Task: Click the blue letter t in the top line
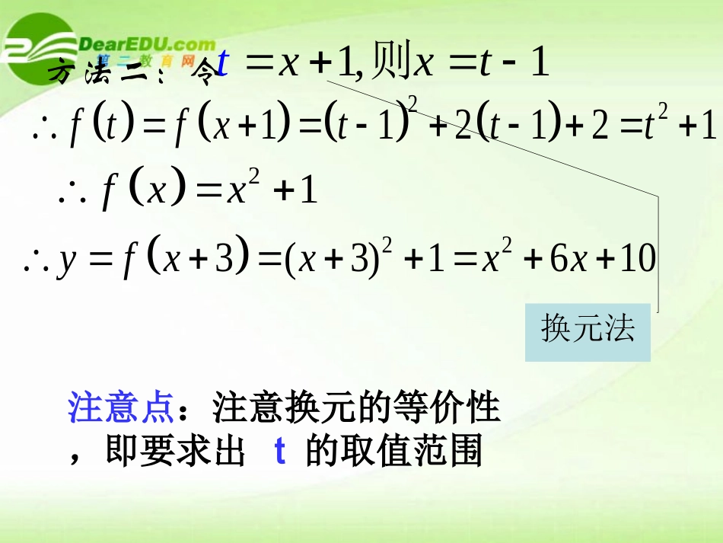tap(222, 64)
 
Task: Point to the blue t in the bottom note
tap(279, 452)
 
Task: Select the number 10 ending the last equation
tap(638, 260)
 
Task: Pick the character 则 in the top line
tap(389, 64)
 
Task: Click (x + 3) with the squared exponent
tap(335, 259)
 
